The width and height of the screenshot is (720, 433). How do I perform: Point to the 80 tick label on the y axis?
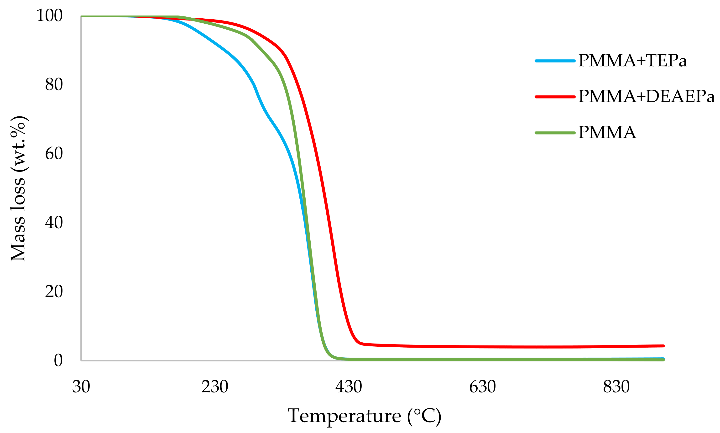[54, 85]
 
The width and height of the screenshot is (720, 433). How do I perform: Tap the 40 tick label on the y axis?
[54, 223]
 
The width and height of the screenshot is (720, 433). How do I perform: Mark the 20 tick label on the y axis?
[54, 292]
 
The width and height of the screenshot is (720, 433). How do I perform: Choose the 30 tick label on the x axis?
[81, 387]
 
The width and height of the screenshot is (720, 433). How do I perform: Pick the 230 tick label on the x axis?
[215, 387]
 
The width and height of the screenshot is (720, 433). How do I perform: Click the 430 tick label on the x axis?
[349, 387]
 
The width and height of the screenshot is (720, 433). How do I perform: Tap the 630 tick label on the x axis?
[483, 387]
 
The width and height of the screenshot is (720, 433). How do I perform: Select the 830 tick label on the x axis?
[616, 387]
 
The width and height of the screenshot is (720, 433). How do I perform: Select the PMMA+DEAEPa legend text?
[646, 97]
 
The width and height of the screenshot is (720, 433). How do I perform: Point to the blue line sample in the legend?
[555, 61]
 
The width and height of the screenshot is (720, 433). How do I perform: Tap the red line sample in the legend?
[555, 97]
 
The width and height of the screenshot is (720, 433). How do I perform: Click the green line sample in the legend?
[555, 133]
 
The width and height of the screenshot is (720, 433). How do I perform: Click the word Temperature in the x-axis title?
[344, 416]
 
